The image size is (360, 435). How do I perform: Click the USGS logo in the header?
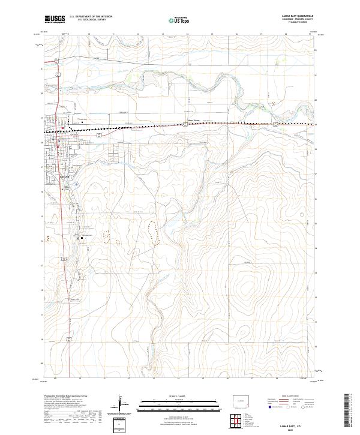(55, 19)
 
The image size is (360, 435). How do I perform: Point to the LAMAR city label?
(65, 177)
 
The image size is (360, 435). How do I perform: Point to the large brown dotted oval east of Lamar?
(152, 232)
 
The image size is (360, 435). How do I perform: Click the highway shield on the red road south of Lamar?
(62, 259)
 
